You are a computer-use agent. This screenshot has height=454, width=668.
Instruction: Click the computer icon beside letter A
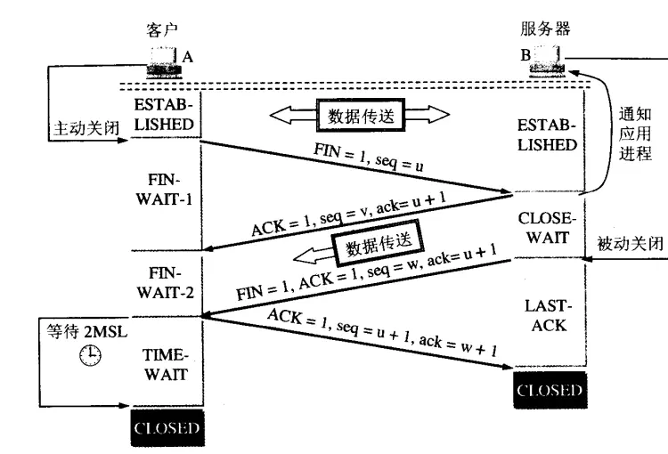coord(162,60)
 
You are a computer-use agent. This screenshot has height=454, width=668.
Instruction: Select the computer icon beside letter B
coord(548,60)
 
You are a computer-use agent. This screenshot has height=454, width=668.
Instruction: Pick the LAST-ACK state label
coord(548,316)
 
